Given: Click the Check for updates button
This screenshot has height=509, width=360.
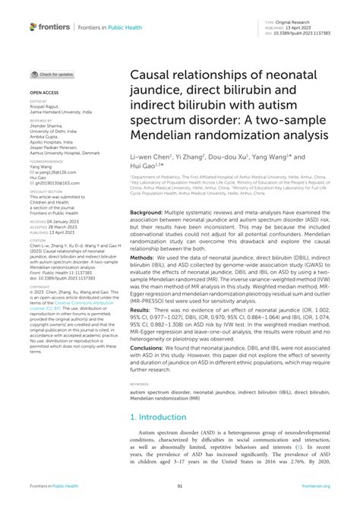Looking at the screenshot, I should coord(52,75).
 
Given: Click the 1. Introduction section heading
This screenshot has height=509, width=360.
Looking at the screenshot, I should coord(159,418).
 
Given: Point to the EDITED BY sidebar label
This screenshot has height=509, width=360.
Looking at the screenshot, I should coord(37,100).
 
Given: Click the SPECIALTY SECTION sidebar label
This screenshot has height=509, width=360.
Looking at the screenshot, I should coord(44,191).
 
